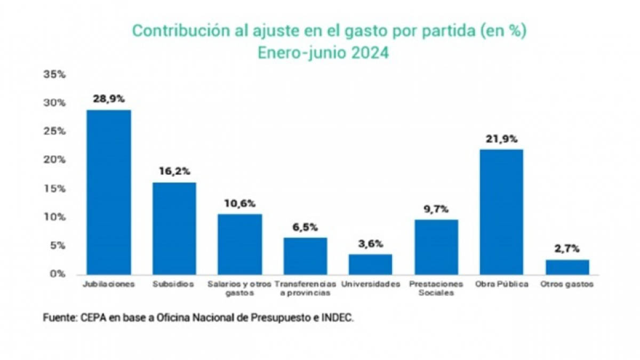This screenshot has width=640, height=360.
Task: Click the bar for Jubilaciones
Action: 109,192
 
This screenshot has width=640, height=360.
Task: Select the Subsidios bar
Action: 174,228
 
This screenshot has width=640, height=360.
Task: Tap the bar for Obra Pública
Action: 501,212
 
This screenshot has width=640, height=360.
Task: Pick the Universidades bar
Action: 370,264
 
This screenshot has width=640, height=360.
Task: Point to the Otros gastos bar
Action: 567,267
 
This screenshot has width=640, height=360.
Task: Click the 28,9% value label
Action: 109,99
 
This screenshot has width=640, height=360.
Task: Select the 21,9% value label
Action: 501,139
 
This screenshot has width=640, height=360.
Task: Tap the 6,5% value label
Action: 305,227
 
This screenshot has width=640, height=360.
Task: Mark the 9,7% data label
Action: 436,209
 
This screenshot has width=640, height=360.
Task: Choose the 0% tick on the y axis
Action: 57,274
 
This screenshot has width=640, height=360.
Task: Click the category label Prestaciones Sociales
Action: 436,289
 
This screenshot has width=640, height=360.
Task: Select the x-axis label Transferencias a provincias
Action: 306,289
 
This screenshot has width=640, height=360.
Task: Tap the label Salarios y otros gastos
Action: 239,289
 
